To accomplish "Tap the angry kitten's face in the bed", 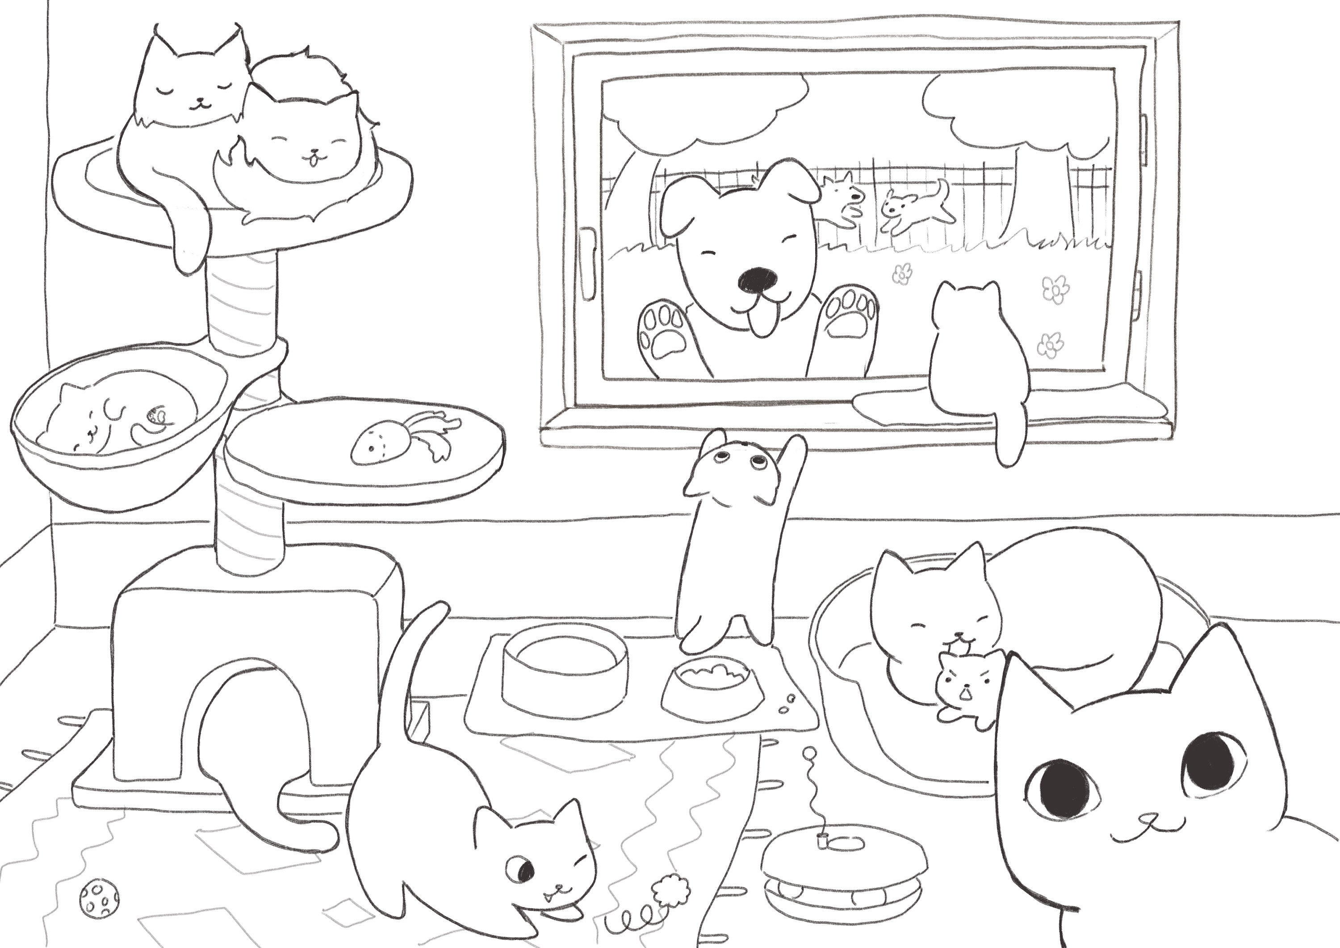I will click(x=963, y=680).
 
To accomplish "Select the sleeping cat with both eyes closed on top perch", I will click(x=193, y=88).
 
